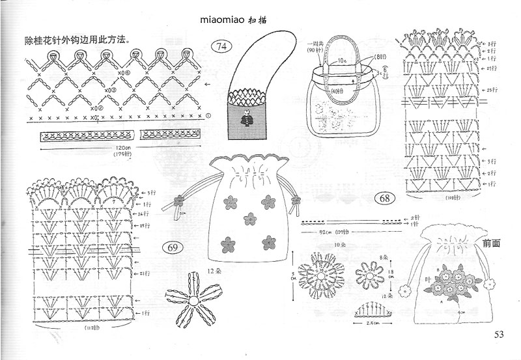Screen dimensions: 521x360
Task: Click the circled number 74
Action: pos(223,46)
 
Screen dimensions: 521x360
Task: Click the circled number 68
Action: pos(384,198)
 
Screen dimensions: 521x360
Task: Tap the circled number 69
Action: pos(173,248)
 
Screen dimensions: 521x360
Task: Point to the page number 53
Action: pos(499,335)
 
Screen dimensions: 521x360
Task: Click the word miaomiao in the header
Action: pos(225,20)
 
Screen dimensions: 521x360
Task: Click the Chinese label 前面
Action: pos(492,243)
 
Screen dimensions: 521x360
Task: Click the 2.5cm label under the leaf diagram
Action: pos(372,323)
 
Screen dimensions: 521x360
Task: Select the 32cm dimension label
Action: pos(321,232)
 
